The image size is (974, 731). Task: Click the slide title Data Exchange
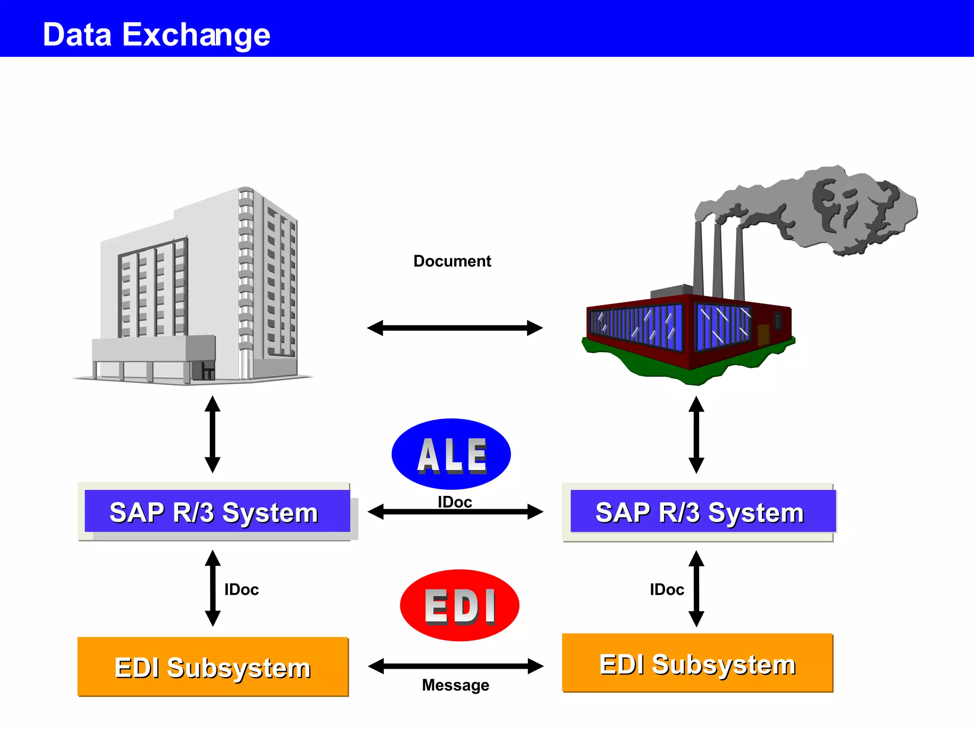pos(156,35)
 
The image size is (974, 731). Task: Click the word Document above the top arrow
pos(452,261)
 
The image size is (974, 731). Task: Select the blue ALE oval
pos(451,454)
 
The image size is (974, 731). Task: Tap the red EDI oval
pos(459,605)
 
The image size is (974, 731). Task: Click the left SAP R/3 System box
pos(214,512)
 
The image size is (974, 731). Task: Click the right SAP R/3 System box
pos(699,512)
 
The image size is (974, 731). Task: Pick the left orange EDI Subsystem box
pos(213,667)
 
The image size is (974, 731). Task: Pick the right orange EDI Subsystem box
pos(697,663)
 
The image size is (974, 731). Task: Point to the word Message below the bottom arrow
pos(455,685)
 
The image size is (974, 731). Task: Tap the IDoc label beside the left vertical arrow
pos(242,590)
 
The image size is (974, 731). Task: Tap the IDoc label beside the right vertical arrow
pos(667,590)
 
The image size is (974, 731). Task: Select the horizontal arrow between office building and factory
pos(455,328)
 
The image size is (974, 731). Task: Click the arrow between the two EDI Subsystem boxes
pos(456,666)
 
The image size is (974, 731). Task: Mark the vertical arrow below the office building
pos(212,434)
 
